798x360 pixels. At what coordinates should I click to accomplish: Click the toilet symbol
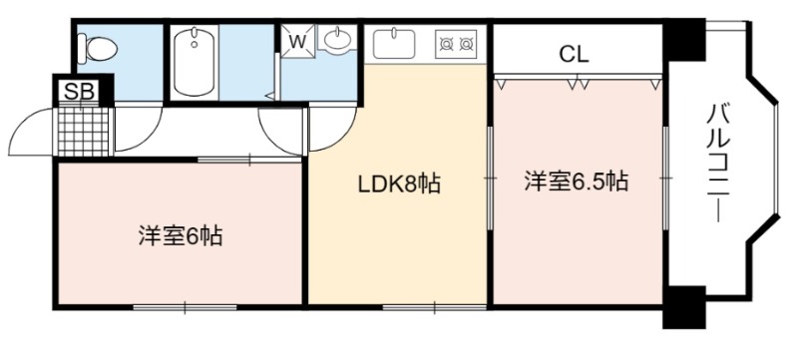point(98,49)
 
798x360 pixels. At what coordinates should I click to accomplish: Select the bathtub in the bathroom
point(194,62)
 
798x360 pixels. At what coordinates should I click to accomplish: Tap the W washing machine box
point(298,41)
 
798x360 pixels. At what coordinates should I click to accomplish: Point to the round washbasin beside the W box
point(336,39)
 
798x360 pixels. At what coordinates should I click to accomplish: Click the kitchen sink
point(394,43)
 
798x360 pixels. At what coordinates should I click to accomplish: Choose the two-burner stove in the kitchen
point(456,44)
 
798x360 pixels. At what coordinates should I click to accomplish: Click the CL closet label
point(574,54)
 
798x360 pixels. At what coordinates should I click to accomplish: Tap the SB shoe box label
point(80,92)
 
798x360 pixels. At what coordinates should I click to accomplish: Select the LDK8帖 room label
point(399,184)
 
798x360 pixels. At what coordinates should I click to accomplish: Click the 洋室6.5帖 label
point(577,181)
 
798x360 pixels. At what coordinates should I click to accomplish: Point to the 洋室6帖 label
point(181,236)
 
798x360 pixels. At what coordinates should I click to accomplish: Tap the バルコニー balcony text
point(717,163)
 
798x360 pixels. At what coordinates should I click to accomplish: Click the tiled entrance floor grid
point(83,132)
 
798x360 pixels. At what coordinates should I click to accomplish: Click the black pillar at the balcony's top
point(684,40)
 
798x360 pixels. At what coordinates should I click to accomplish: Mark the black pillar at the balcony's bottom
point(684,307)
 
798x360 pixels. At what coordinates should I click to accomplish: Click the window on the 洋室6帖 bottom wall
point(185,307)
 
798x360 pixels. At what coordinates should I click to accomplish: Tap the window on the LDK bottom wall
point(435,307)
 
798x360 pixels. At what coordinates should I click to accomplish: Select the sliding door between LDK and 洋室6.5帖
point(490,178)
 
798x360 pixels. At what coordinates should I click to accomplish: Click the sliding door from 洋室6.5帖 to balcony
point(665,178)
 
